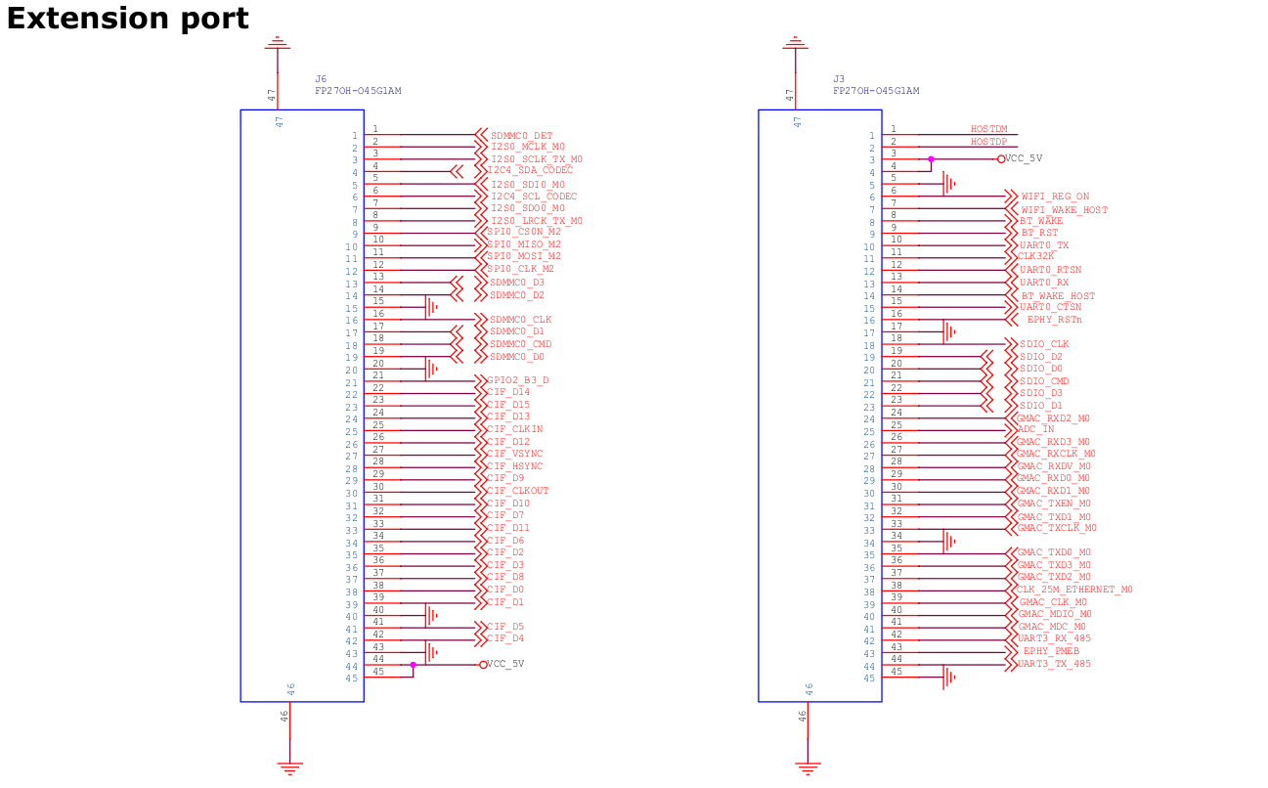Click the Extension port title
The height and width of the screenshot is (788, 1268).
(x=127, y=19)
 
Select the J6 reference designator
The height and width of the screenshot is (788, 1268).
(x=321, y=78)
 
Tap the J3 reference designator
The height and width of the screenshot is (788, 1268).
(x=839, y=78)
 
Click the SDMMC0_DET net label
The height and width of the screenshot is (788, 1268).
(x=521, y=136)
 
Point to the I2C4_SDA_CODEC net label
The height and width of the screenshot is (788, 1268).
(x=531, y=170)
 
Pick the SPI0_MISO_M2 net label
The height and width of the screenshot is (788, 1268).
(x=524, y=244)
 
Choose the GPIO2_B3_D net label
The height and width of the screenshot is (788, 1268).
(x=518, y=380)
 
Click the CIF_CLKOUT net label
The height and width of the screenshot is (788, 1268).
(x=518, y=491)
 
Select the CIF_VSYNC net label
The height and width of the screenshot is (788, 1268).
(x=515, y=454)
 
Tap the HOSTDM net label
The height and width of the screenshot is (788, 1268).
(x=989, y=129)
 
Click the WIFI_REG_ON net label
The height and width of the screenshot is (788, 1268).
(x=1055, y=197)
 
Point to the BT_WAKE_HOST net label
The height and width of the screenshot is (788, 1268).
(x=1058, y=296)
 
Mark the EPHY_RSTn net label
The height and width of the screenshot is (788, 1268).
(x=1055, y=320)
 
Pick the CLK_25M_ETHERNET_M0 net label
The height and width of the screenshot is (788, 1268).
(x=1074, y=590)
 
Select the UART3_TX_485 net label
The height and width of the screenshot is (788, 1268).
(x=1054, y=664)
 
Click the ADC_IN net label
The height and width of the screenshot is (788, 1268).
(x=1036, y=429)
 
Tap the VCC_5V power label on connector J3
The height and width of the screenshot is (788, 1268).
(x=1024, y=158)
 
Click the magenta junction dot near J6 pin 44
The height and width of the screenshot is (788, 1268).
(x=414, y=665)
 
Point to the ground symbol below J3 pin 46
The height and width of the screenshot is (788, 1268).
(x=808, y=768)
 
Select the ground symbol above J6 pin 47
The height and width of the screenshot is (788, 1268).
(x=278, y=43)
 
